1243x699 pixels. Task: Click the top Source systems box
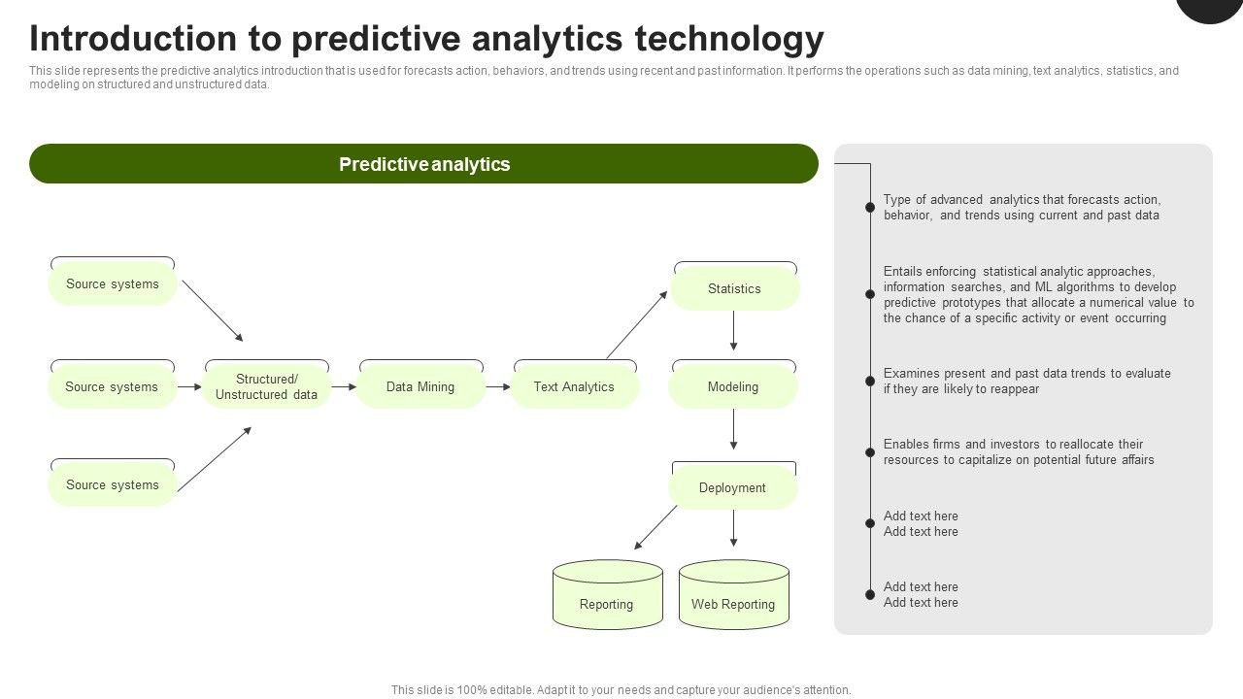point(113,284)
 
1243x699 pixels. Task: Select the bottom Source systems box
point(113,484)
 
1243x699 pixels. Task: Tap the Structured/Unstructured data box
point(266,386)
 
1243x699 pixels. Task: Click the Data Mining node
point(420,386)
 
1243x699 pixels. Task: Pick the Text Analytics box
point(574,386)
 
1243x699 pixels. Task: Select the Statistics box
point(734,288)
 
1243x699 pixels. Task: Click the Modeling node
point(733,386)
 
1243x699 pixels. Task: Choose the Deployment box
point(733,487)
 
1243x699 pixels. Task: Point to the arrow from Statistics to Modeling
point(733,332)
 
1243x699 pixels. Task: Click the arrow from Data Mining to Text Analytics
point(498,386)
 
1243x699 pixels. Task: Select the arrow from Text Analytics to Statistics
point(637,324)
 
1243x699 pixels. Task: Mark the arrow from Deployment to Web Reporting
point(733,528)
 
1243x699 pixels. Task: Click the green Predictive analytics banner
point(423,164)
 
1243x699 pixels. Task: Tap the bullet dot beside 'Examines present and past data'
point(870,382)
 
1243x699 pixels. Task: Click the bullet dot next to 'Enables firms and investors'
point(870,452)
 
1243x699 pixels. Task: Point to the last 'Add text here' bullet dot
point(870,594)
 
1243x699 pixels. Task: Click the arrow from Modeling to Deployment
point(733,429)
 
